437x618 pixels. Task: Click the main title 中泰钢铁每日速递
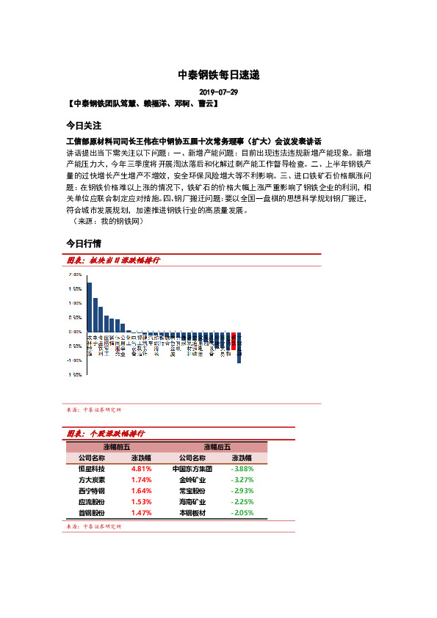point(219,75)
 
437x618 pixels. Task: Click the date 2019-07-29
point(219,92)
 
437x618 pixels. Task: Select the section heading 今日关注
point(83,125)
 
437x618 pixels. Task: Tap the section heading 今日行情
point(83,242)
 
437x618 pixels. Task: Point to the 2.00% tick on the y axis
point(74,274)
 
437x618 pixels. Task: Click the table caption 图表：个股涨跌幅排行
point(106,435)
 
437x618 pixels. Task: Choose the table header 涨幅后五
point(217,446)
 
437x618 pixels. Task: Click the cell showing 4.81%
point(141,468)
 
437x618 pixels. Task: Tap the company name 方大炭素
point(91,479)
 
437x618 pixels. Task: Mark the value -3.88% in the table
point(242,468)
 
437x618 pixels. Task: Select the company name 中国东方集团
point(192,468)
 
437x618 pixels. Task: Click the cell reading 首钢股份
point(91,512)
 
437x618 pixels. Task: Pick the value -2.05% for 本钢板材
point(242,512)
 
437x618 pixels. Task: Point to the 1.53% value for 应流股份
point(141,501)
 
